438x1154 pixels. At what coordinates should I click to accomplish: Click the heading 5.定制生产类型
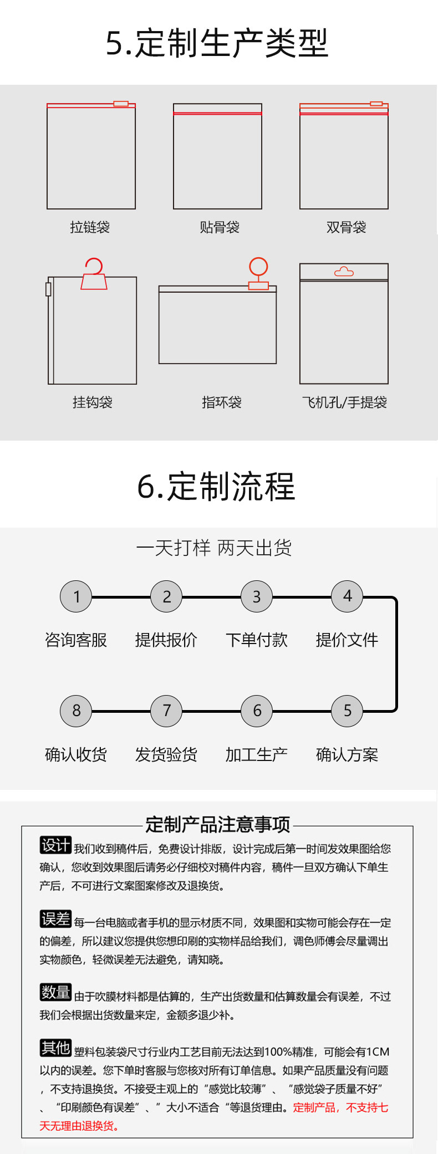point(217,43)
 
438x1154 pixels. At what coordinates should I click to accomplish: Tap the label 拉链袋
point(90,227)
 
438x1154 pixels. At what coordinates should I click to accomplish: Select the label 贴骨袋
point(220,227)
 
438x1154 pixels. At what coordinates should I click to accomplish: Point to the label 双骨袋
point(346,227)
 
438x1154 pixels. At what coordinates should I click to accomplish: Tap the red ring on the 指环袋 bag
point(258,267)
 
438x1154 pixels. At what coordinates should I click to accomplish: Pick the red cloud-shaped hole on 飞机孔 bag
point(344,272)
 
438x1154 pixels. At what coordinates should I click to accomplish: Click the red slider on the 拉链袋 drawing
point(121,104)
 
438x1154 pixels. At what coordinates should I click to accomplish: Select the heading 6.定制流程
point(216,487)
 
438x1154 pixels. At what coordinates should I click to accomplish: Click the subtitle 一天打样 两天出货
point(214,548)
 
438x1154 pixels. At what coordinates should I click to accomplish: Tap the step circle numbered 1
point(76,596)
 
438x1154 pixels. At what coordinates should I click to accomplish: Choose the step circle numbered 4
point(347,596)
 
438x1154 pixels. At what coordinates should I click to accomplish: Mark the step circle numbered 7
point(166,711)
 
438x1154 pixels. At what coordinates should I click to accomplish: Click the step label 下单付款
point(257,640)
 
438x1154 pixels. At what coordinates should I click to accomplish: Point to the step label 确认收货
point(76,754)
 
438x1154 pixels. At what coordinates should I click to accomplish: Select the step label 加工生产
point(257,754)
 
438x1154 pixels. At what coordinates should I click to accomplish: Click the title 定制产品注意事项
point(217,825)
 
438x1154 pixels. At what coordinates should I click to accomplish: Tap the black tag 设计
point(55,845)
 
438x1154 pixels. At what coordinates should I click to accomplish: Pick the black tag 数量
point(55,992)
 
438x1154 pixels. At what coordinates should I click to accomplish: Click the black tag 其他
point(55,1048)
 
